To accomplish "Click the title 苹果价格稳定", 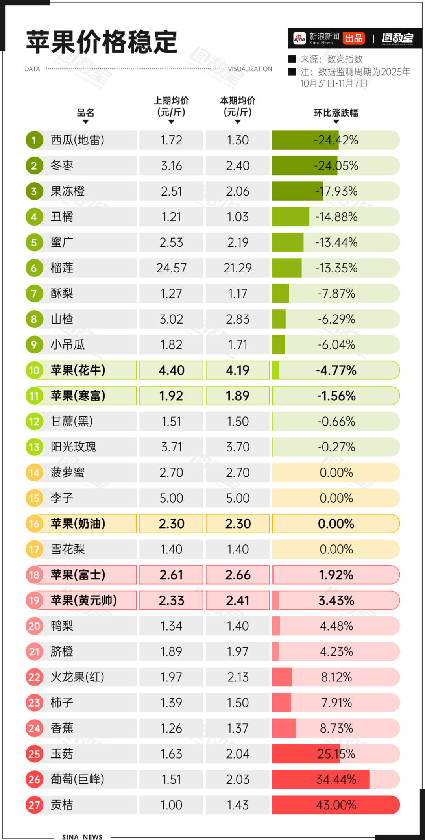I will (x=102, y=42).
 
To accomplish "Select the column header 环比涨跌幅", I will (x=336, y=113).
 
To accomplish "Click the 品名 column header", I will (x=85, y=113).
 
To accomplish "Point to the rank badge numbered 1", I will (x=34, y=140).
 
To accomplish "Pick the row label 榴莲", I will (x=62, y=268).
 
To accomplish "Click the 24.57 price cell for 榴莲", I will (x=171, y=268).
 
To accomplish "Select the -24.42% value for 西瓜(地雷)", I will (x=336, y=140).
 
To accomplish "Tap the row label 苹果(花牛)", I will (x=78, y=370).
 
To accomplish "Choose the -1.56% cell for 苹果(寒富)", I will (x=336, y=396).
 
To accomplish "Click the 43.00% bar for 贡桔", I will (x=336, y=805).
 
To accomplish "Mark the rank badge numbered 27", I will (x=34, y=805).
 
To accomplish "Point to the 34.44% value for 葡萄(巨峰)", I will (x=336, y=779).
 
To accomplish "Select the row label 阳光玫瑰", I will (x=73, y=447).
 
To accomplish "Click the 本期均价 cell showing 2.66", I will (x=238, y=575).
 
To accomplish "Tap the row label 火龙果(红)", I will (x=77, y=677).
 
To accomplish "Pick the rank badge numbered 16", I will (x=34, y=524).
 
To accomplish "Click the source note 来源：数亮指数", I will (x=331, y=59).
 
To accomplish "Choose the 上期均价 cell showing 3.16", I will (x=171, y=166).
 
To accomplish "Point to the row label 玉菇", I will (x=62, y=754).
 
